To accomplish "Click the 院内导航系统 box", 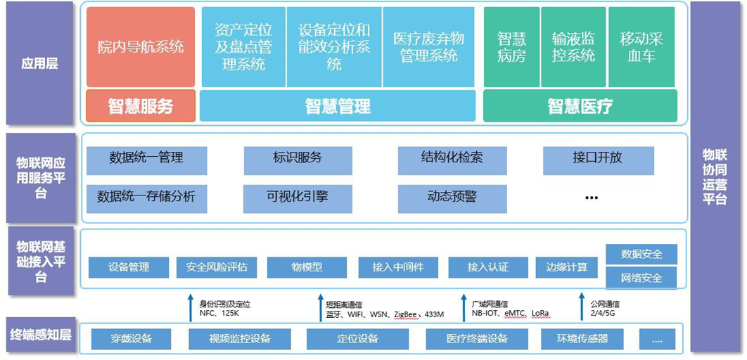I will tap(141, 47).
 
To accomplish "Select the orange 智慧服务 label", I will tap(141, 106).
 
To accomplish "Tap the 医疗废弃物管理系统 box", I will tap(428, 47).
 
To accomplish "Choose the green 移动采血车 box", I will tap(641, 47).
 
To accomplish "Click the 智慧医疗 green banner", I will tap(580, 106).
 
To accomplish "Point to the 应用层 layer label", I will tap(39, 64).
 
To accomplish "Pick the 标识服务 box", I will tap(298, 159).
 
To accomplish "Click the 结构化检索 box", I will tap(452, 159).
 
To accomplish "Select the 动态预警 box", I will tap(452, 198).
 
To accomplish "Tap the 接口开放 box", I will tap(598, 159).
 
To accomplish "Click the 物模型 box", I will tap(307, 267).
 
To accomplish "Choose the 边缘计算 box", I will tap(566, 267).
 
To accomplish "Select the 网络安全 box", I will tap(641, 278).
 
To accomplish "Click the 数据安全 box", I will tap(641, 255).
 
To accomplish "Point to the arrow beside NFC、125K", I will tap(191, 307).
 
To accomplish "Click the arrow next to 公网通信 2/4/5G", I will tap(582, 307).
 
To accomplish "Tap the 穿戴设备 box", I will tap(132, 339).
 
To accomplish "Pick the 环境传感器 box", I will tap(582, 339).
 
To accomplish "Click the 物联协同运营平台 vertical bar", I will tap(715, 176).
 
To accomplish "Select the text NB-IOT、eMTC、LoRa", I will tap(511, 314).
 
